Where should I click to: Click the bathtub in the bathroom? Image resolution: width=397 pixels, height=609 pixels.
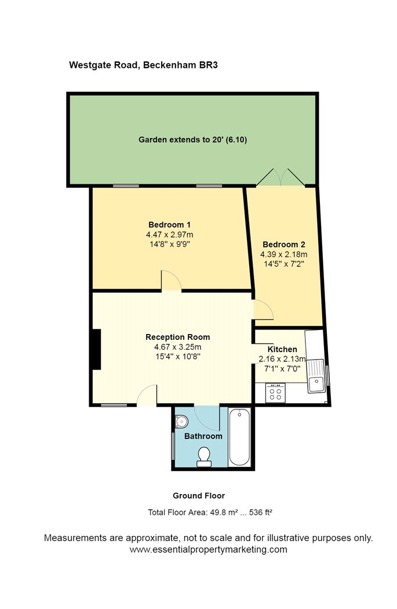(239, 437)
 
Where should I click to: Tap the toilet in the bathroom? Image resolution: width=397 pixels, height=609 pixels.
(204, 457)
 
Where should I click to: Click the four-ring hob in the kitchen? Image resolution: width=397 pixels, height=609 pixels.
(275, 393)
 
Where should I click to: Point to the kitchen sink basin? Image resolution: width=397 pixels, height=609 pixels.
(316, 384)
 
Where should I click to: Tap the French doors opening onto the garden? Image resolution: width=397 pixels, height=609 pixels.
(281, 177)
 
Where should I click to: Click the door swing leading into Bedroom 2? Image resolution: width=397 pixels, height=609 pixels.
(264, 310)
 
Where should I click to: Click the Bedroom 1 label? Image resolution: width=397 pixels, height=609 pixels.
(169, 224)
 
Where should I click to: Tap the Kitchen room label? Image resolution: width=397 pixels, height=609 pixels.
(282, 349)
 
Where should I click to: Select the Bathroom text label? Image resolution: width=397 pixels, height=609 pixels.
(203, 436)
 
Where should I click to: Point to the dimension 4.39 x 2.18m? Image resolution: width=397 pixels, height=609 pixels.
(283, 254)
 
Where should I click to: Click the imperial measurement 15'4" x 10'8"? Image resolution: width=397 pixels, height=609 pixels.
(177, 357)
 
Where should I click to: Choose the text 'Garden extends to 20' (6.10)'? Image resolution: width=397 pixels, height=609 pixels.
(192, 140)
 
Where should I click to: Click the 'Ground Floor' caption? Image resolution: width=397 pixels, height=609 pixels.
(199, 496)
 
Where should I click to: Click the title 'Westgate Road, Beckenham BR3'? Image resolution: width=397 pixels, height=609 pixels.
(143, 66)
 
